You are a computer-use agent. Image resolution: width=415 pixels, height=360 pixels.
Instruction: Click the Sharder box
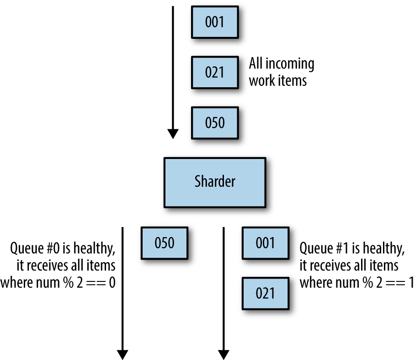215,183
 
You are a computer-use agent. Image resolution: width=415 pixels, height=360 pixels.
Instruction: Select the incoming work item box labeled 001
215,22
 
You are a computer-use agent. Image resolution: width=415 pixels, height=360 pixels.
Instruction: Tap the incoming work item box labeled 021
215,73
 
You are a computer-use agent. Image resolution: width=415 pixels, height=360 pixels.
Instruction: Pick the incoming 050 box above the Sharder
215,123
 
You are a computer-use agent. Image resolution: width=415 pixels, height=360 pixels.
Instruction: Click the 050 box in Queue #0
165,243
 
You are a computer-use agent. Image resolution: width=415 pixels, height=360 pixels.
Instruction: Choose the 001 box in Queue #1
266,243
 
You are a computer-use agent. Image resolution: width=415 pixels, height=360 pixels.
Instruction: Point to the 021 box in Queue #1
266,293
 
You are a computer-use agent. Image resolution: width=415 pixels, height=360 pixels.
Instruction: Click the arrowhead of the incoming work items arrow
173,134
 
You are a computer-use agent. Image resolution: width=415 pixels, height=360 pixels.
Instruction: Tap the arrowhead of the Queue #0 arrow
122,355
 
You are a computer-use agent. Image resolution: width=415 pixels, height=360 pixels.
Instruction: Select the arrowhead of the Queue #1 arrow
223,355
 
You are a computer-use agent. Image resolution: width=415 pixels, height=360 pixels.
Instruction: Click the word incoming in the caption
290,64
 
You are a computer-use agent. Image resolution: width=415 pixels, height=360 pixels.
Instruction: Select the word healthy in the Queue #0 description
94,249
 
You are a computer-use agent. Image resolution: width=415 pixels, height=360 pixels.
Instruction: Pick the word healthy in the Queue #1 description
384,249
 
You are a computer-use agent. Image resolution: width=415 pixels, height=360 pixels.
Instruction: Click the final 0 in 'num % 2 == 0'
112,282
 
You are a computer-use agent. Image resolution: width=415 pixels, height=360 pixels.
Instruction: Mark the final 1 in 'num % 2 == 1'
411,282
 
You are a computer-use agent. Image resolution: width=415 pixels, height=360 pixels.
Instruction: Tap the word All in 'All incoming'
255,64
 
